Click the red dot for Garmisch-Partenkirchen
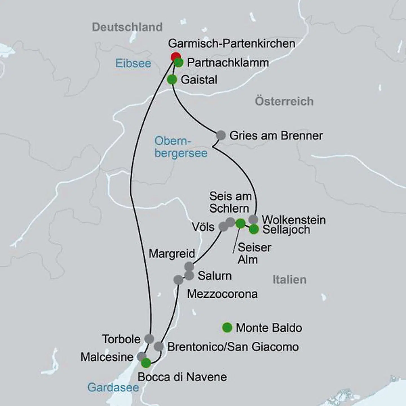(x=176, y=57)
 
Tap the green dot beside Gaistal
(x=172, y=80)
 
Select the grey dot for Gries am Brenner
(x=221, y=135)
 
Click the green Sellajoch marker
(x=254, y=229)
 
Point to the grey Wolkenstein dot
(x=253, y=219)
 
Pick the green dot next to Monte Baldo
(x=227, y=328)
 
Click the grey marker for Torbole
(x=149, y=338)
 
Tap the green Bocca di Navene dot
(x=146, y=363)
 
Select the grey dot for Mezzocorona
(x=178, y=280)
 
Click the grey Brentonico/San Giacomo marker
(x=159, y=347)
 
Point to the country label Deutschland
(x=127, y=27)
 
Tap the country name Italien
(x=289, y=280)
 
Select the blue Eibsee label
(x=133, y=63)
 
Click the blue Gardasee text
(x=113, y=387)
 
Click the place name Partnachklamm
(x=228, y=63)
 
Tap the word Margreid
(x=172, y=254)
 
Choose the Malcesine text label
(x=107, y=357)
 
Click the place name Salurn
(x=215, y=276)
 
